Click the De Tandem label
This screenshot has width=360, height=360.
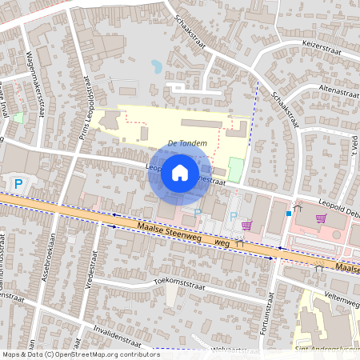tap(188, 143)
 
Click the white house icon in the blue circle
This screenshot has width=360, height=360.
tap(180, 172)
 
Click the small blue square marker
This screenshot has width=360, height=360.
tap(288, 214)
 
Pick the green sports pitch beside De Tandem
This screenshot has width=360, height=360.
tap(234, 170)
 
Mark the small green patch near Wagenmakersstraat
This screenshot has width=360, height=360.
tap(18, 118)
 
